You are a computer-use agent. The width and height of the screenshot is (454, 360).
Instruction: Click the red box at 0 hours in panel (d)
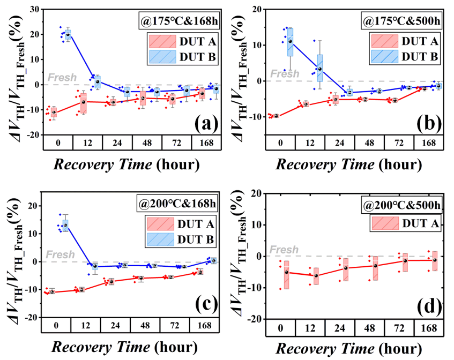point(287,275)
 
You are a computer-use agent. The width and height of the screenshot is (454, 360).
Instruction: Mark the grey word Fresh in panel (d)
point(284,250)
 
